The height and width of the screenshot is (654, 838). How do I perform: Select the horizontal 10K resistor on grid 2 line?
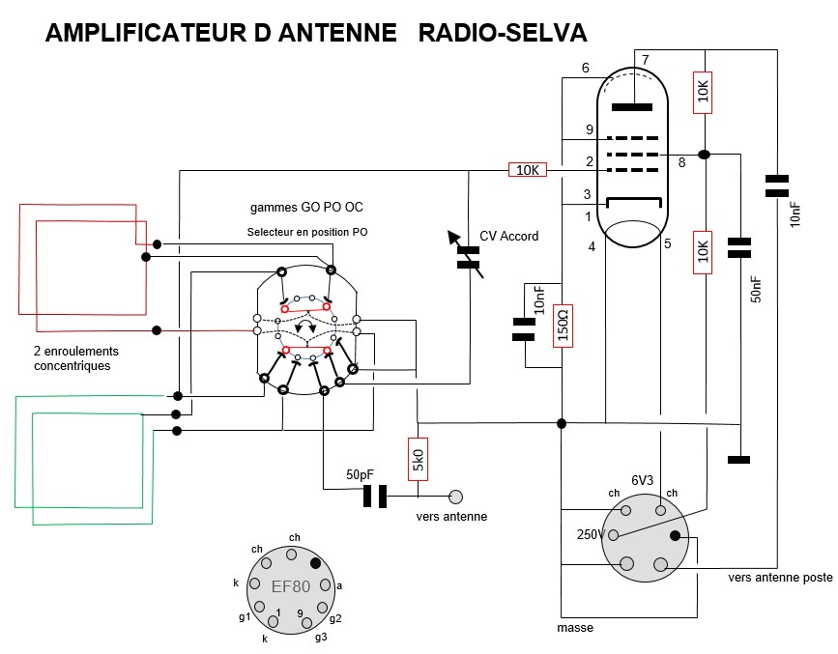527,171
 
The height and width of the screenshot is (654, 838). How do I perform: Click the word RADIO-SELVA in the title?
502,34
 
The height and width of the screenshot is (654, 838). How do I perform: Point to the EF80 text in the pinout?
292,585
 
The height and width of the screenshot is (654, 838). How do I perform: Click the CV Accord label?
509,236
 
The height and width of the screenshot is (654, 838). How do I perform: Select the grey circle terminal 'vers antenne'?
455,498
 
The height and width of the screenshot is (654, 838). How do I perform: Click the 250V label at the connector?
590,534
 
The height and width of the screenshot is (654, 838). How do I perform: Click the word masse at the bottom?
575,628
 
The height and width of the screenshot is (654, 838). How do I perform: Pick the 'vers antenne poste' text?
780,577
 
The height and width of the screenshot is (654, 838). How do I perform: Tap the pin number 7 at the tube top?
646,60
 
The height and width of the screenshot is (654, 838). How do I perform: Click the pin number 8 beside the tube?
681,163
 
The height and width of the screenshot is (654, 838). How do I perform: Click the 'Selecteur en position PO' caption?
306,233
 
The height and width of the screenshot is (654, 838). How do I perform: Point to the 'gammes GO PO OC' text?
306,208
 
